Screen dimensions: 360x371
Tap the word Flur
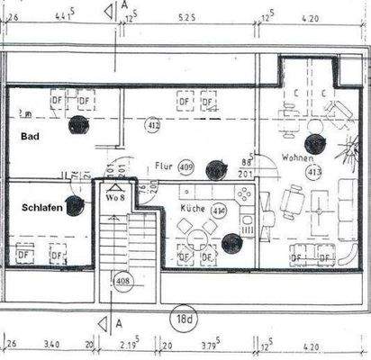162,166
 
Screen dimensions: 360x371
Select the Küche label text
192,210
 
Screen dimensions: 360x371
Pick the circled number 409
186,166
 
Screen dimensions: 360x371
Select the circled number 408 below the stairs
123,282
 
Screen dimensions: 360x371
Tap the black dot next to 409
214,168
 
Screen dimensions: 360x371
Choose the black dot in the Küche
232,242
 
